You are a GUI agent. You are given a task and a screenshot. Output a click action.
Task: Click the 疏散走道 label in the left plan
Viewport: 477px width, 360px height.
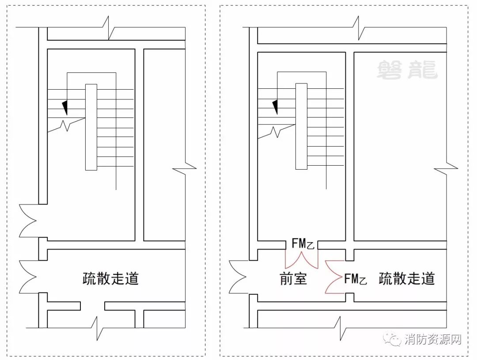110,279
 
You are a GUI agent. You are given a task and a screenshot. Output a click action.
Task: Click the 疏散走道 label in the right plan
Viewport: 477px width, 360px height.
407,279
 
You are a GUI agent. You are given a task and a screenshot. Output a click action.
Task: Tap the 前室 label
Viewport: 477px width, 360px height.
293,279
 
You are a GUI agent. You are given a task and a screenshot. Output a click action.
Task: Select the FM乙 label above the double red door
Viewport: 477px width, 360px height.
303,243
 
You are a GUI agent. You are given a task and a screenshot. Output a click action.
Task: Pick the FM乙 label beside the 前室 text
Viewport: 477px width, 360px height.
356,279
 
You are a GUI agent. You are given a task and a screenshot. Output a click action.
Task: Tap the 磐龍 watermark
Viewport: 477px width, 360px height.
407,70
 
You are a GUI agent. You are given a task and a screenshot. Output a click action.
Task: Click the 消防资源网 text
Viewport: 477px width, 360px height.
433,340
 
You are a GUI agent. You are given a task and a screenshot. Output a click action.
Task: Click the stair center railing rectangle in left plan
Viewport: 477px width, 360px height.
91,127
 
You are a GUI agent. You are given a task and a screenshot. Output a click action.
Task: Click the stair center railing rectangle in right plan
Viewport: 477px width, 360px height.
301,126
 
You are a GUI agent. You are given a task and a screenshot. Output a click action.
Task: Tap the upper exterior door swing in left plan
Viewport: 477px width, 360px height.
28,221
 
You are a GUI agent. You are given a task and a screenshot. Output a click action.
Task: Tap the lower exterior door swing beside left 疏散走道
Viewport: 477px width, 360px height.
28,277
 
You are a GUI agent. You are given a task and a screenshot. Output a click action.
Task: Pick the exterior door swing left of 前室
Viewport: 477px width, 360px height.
238,276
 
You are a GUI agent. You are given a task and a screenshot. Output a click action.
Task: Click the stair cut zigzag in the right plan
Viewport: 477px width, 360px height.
276,131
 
